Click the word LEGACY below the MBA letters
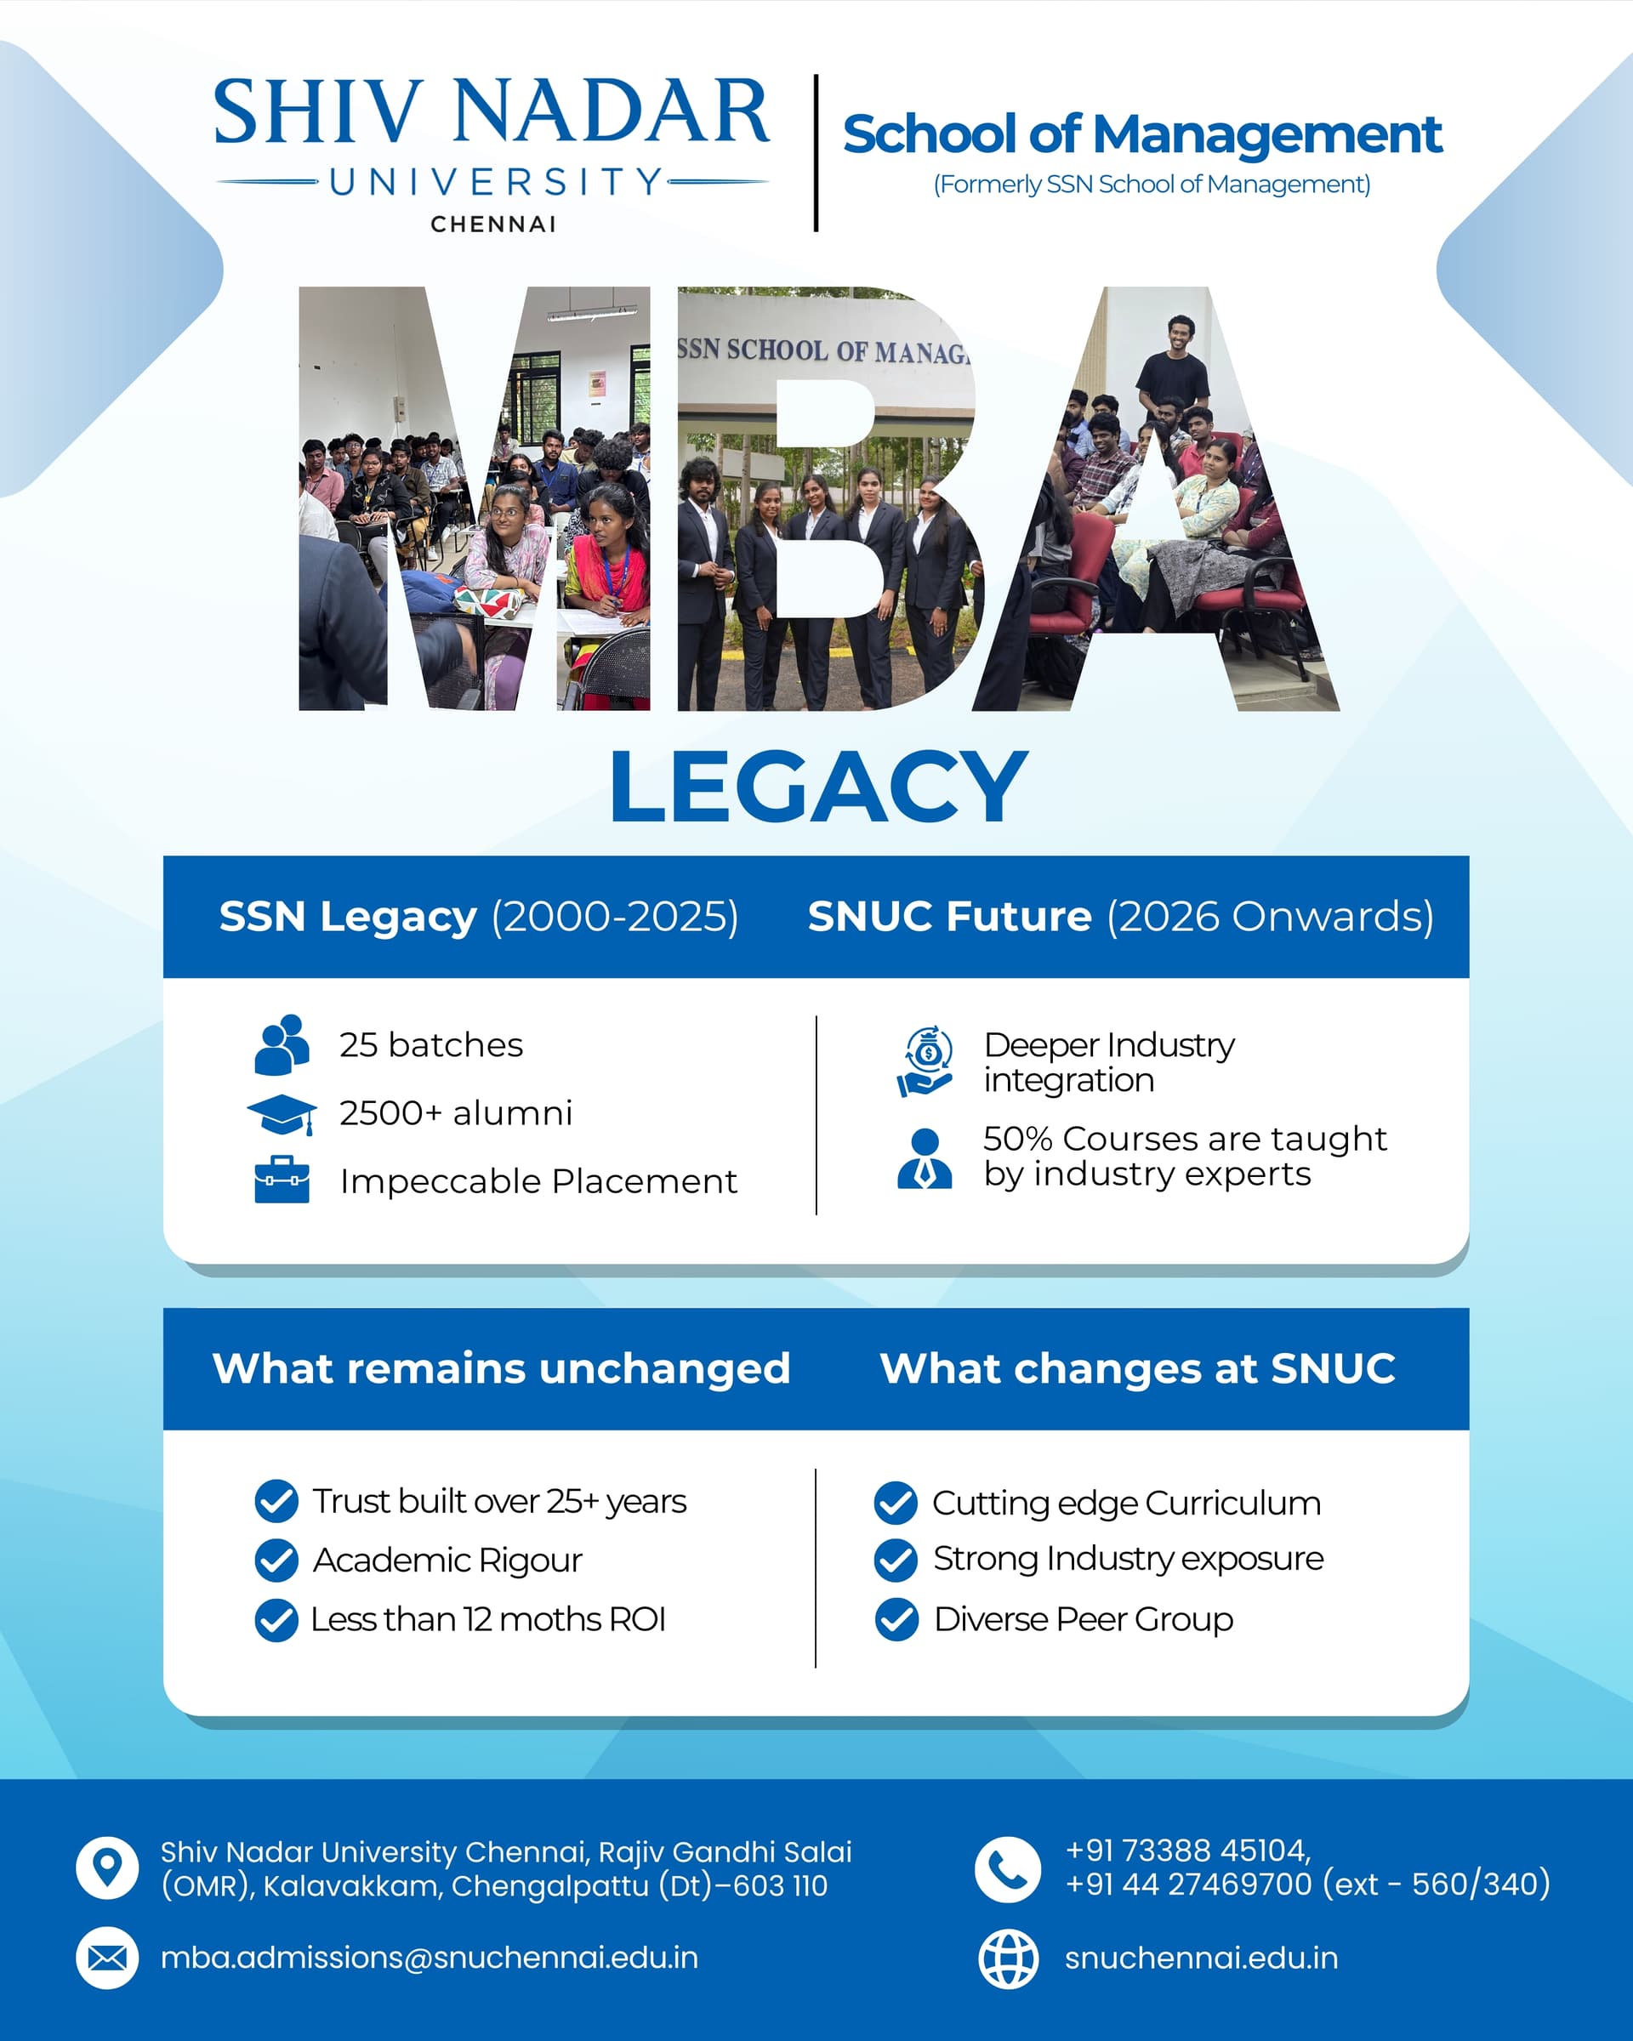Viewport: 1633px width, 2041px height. pyautogui.click(x=819, y=786)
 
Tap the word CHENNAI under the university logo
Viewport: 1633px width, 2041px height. pyautogui.click(x=493, y=225)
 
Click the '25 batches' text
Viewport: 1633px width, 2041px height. pyautogui.click(x=430, y=1045)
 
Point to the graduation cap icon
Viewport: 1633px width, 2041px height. pyautogui.click(x=282, y=1114)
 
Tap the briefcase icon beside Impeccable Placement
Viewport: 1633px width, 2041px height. pyautogui.click(x=282, y=1180)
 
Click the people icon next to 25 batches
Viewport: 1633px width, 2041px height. pyautogui.click(x=282, y=1045)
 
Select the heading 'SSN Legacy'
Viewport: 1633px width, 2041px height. pyautogui.click(x=347, y=917)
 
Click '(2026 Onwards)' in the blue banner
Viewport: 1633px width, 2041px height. pyautogui.click(x=1271, y=917)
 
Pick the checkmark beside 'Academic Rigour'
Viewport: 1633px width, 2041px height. pyautogui.click(x=276, y=1561)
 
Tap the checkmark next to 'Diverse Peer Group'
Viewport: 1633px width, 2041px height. pyautogui.click(x=896, y=1620)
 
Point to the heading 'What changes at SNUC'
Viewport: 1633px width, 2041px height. pyautogui.click(x=1138, y=1369)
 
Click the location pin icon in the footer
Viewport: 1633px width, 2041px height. pyautogui.click(x=107, y=1868)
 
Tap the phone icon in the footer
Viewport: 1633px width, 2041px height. pyautogui.click(x=1008, y=1870)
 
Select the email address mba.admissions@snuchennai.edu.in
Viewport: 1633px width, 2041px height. pyautogui.click(x=429, y=1958)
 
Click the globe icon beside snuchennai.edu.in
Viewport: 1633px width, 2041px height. pyautogui.click(x=1008, y=1959)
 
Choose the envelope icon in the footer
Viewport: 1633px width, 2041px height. pyautogui.click(x=107, y=1958)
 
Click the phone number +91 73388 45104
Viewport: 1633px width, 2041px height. pyautogui.click(x=1187, y=1851)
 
